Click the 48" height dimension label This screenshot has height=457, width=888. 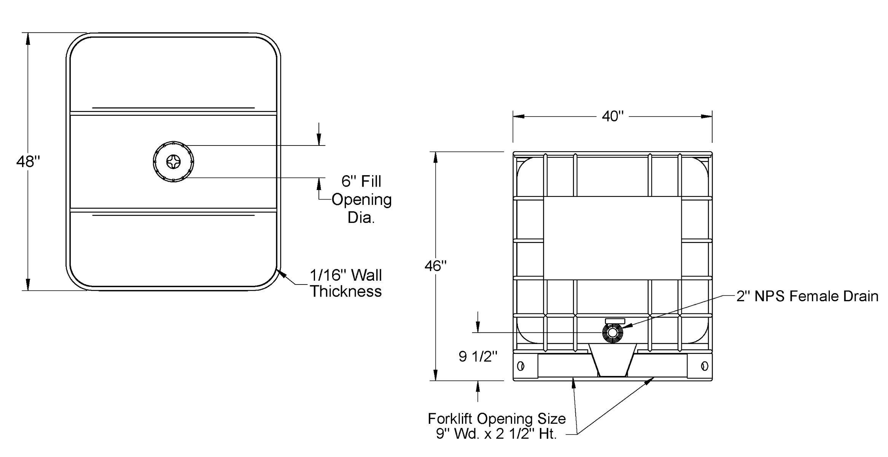[28, 162]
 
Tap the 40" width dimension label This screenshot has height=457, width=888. [613, 116]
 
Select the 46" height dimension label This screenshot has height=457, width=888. [435, 266]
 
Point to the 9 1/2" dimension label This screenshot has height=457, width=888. [478, 356]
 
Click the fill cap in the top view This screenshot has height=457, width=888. [173, 161]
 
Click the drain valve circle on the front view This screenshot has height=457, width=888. [613, 332]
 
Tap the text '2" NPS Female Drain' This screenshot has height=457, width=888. [807, 296]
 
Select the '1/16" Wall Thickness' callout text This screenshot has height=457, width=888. [345, 283]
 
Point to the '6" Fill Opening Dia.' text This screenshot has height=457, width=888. [361, 199]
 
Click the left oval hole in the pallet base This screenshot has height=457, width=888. [520, 366]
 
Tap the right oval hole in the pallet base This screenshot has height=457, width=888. [704, 366]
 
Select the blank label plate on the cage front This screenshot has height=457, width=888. [612, 238]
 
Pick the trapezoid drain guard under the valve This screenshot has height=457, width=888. [613, 360]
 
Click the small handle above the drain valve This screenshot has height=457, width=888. [615, 321]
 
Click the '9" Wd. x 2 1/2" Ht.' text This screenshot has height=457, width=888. [496, 434]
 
